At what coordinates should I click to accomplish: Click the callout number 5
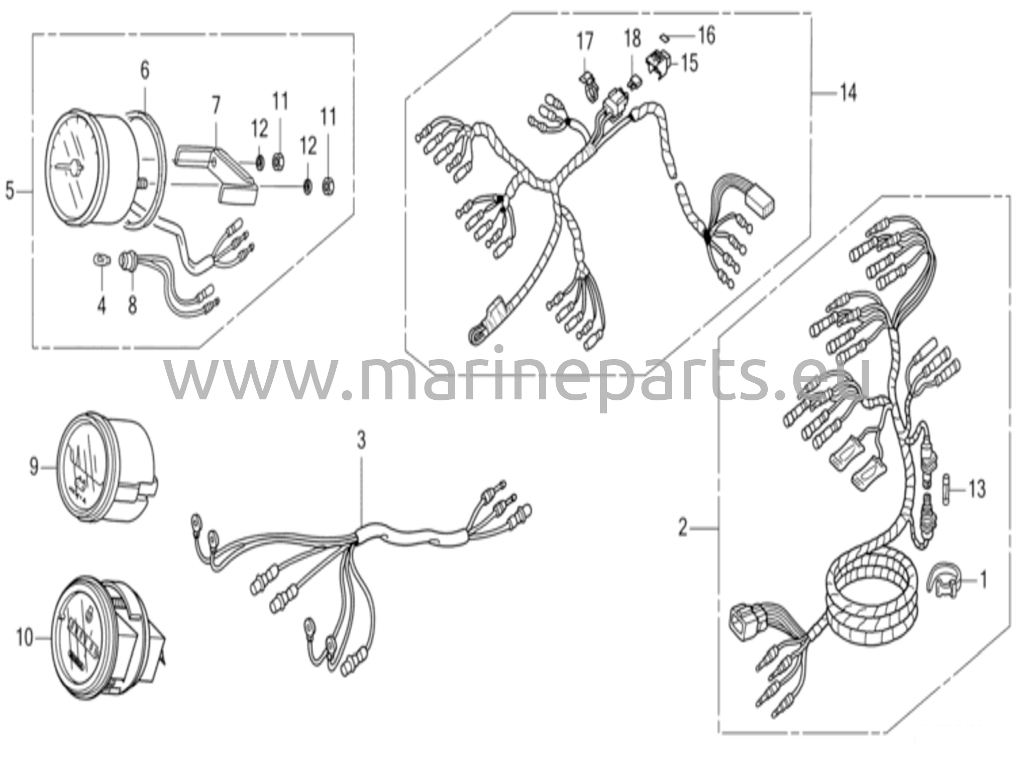[10, 191]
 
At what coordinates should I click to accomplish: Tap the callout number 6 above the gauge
[145, 71]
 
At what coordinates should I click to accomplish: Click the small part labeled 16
[664, 36]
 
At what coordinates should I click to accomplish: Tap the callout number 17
[585, 41]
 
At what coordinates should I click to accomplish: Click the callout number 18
[633, 38]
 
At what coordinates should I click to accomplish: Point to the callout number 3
[361, 441]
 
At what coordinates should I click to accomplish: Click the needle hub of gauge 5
[74, 167]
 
